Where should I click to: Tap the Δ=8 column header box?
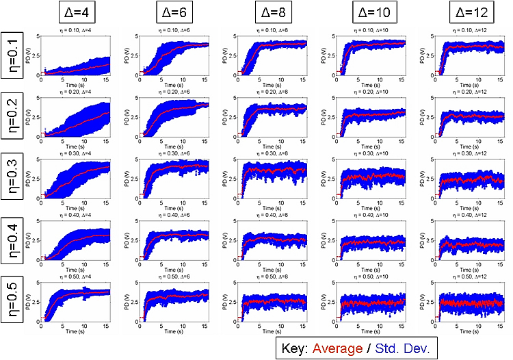pyautogui.click(x=269, y=12)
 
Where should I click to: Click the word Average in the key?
pyautogui.click(x=335, y=348)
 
